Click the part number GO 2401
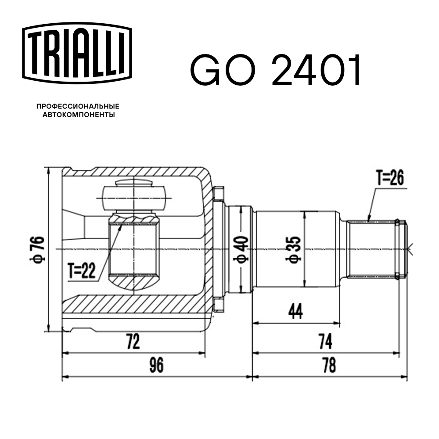275,70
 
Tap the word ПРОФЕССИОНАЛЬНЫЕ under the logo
78,106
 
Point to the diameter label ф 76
39,249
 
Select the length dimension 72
133,342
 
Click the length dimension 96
156,365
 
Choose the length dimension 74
325,341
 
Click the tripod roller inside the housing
133,196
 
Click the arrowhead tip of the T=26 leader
368,219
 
